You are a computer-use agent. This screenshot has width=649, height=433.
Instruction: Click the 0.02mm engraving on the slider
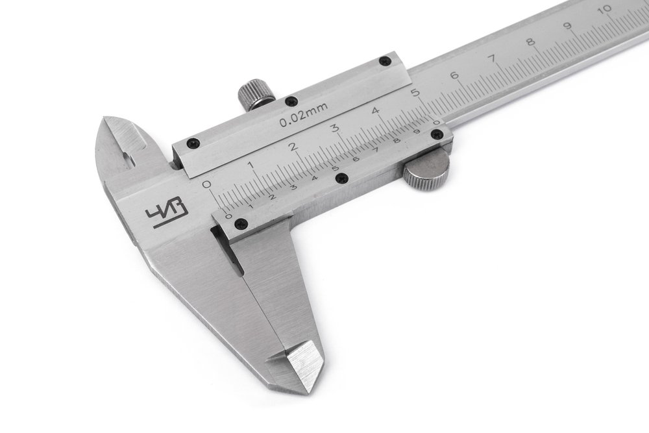click(303, 115)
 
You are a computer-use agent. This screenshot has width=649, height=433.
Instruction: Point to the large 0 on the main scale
click(206, 184)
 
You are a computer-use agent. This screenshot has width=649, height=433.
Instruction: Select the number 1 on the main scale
click(251, 165)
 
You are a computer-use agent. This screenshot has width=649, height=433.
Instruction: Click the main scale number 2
click(293, 147)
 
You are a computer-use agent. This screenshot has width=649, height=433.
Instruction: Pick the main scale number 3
click(336, 129)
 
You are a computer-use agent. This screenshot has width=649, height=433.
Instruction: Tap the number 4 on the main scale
click(375, 111)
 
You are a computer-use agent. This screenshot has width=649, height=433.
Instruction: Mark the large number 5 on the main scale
click(415, 93)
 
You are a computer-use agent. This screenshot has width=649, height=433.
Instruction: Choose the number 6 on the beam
click(454, 76)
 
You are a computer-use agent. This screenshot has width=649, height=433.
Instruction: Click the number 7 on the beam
click(493, 58)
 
